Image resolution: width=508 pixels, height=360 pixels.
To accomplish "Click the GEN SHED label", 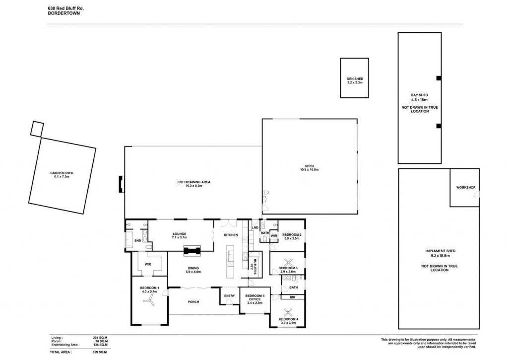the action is pos(355,79).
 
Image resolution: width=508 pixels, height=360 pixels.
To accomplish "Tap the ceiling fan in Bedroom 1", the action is pos(150,300).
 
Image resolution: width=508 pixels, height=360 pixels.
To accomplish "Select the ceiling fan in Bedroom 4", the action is pos(288,312).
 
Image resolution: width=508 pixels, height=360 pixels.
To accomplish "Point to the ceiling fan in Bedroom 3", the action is pos(288,262).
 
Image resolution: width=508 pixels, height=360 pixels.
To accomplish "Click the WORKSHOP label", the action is pos(465,188).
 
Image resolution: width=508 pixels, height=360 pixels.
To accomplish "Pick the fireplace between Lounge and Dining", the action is pos(192,251).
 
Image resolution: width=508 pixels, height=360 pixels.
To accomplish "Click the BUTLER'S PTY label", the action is pos(253,264).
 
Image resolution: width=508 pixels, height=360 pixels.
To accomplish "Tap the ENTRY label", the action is pos(229,296).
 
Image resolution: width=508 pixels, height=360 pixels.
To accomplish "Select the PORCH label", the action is pos(193,302).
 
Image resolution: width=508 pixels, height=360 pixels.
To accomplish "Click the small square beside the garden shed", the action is pos(37,129).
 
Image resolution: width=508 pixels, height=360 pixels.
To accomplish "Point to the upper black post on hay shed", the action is pos(439,78).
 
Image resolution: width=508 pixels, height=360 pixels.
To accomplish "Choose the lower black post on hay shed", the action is pos(439,126).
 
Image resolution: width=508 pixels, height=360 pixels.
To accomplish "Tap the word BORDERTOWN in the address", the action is pos(63,13).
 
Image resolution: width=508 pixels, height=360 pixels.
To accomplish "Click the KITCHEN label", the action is pos(231,235).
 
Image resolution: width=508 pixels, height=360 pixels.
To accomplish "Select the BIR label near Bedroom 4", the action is pos(293,297).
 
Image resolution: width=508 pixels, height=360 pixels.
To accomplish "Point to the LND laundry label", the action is pos(255,228).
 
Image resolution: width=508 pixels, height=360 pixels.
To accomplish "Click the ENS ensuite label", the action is pos(138,241).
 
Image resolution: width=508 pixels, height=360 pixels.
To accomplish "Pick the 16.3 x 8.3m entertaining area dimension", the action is pos(194,186).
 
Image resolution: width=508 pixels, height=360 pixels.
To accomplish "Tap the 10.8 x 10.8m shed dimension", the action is pos(310,170).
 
